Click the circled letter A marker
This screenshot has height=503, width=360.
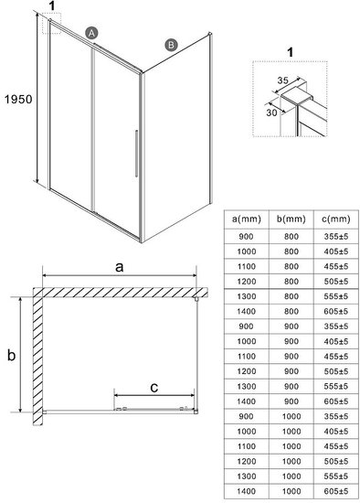(x=91, y=33)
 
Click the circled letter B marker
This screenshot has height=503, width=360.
(x=171, y=45)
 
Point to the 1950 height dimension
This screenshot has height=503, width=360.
(x=18, y=99)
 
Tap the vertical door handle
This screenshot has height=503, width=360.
(x=136, y=154)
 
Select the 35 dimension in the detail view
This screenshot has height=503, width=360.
(x=282, y=80)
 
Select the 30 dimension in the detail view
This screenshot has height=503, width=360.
(x=271, y=112)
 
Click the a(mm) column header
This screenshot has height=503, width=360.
(x=246, y=219)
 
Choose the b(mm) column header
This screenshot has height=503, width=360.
(x=291, y=219)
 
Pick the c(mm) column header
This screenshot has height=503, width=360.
(x=336, y=219)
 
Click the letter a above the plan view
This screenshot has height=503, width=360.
(x=120, y=267)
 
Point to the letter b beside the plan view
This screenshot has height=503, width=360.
(x=12, y=355)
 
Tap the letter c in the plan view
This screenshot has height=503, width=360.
(x=154, y=388)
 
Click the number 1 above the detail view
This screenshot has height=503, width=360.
(x=291, y=52)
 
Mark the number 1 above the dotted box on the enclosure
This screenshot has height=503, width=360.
(x=52, y=5)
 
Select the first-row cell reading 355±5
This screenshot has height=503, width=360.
(x=336, y=237)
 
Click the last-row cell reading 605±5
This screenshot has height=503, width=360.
(x=336, y=491)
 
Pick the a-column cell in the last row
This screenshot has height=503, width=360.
(x=246, y=491)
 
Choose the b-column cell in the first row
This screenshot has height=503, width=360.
(x=291, y=237)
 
